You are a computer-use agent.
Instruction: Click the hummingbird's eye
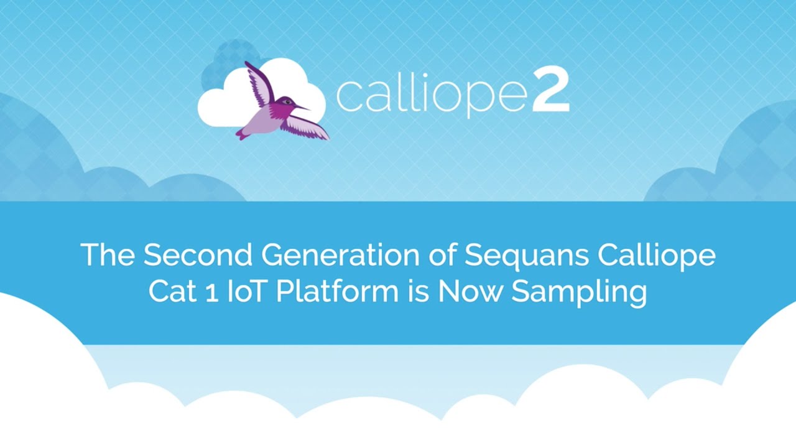coord(287,102)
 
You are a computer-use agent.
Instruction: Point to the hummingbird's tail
coord(242,134)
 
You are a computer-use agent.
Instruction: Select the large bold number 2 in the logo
coord(551,92)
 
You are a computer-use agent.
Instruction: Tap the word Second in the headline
coord(198,254)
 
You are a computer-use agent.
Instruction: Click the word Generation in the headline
coord(340,254)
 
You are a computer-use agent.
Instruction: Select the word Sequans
coord(527,257)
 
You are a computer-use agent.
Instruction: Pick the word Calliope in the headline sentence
coord(657,257)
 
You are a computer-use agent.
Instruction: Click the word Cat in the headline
coord(172,292)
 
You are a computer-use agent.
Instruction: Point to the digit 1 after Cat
coord(212,294)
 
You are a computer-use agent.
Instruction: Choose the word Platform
coord(337,292)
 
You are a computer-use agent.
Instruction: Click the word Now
coord(470,292)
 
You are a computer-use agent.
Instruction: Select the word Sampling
coord(579,294)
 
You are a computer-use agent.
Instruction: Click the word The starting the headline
coord(108,254)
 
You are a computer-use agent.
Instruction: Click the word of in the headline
coord(442,254)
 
